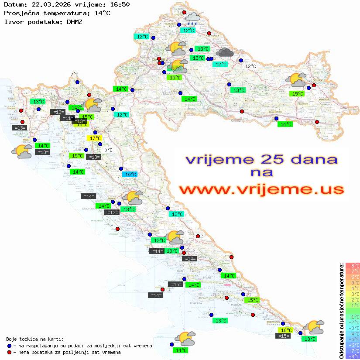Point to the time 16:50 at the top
pos(120,5)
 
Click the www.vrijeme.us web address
pos(261,189)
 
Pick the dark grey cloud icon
pos(225,53)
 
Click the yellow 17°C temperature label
pos(95,138)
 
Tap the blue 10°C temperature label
pos(130,175)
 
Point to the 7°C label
pos(75,75)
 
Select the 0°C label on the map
pos(108,150)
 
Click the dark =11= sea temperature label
pos(67,118)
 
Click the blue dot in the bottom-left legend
pos(10,346)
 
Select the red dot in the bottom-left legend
pos(10,352)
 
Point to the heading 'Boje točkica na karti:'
pos(35,339)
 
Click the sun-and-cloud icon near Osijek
pos(296,80)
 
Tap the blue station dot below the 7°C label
pos(77,82)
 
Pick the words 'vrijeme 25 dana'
pos(261,159)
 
